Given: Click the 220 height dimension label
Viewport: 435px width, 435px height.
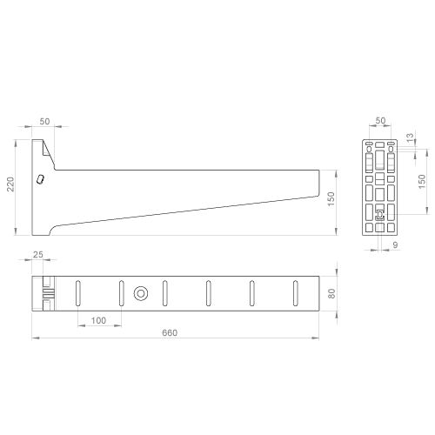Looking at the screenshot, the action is click(x=10, y=184).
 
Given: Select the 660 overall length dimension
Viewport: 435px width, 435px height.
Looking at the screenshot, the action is click(x=170, y=332).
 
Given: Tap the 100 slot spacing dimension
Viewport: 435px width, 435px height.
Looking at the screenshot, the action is click(x=98, y=320).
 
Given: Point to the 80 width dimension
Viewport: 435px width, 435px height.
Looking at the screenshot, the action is click(x=331, y=293).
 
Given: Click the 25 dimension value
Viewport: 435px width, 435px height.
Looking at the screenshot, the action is click(x=38, y=255).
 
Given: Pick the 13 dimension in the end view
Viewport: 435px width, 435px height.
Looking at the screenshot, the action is click(x=410, y=137).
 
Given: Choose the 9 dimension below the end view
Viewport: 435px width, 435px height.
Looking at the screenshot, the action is click(x=395, y=245).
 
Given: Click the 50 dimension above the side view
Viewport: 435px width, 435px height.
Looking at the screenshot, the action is click(x=44, y=121).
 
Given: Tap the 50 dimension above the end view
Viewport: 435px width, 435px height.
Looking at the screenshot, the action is click(x=380, y=120).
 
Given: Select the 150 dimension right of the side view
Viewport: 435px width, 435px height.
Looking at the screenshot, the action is click(x=331, y=199).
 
